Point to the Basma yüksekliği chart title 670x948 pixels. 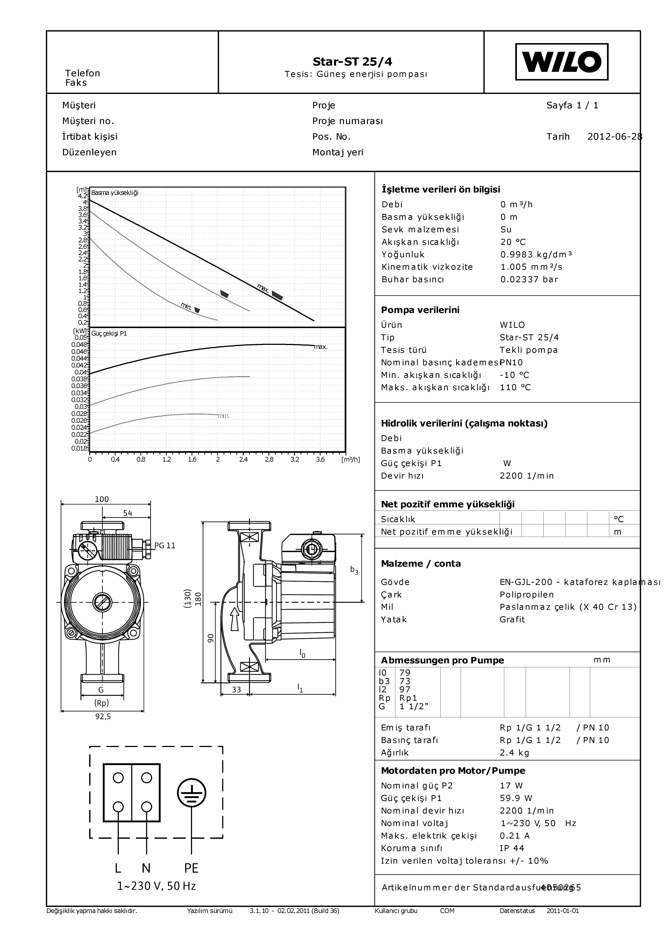point(115,193)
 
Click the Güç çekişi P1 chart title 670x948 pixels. point(109,334)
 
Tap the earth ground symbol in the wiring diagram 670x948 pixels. point(192,793)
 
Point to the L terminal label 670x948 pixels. point(118,868)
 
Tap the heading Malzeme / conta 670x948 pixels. point(421,564)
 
